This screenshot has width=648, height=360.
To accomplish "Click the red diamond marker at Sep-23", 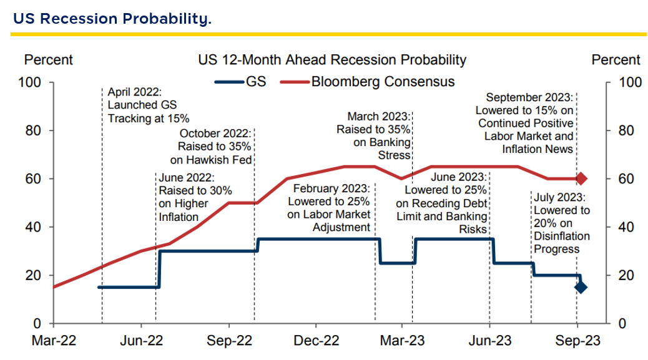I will (x=581, y=178).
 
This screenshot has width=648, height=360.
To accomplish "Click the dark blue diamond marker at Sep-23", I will (x=581, y=287).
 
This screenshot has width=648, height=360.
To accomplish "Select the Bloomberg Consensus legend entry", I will (x=368, y=81).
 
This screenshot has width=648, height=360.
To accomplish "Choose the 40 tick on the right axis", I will (x=624, y=227).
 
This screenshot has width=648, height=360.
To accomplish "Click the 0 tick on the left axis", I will (x=37, y=324).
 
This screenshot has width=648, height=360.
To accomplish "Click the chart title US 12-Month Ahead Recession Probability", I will (x=332, y=60).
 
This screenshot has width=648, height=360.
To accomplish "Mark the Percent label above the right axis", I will (x=616, y=60).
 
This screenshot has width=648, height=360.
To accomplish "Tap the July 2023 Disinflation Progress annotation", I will (x=561, y=223).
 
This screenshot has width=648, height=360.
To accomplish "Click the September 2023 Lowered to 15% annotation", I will (x=526, y=123).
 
